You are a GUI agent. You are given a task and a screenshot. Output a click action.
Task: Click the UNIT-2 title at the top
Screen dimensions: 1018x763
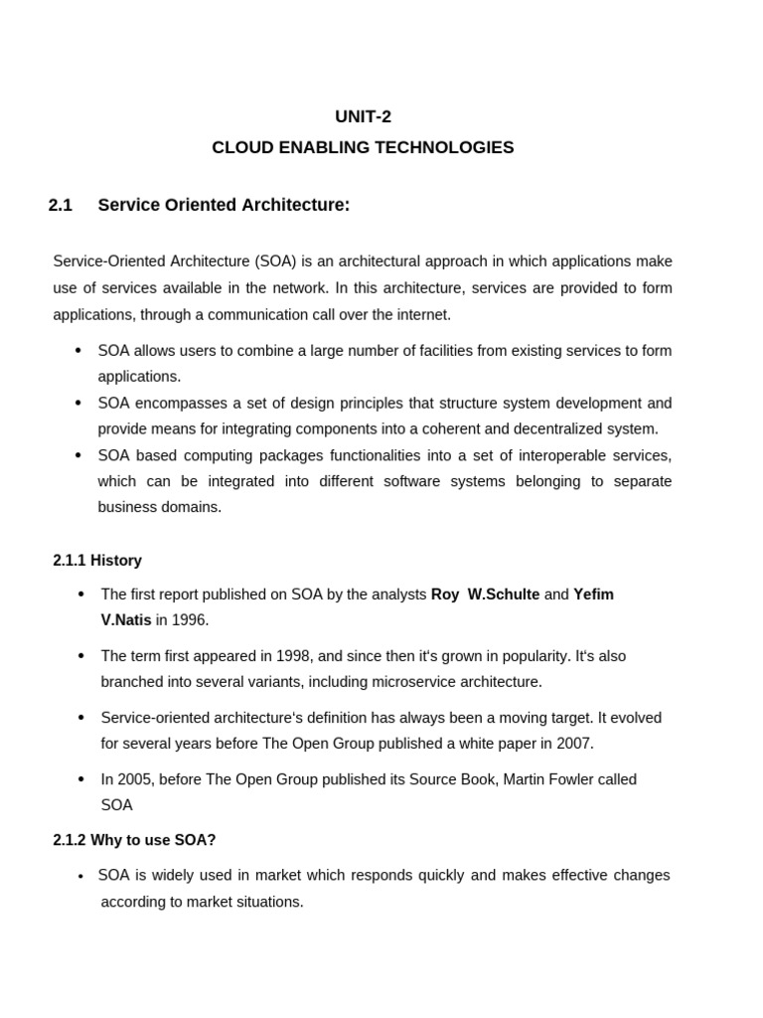coord(363,116)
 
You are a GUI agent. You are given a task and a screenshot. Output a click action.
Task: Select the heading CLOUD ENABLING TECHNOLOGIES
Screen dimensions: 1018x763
coord(363,148)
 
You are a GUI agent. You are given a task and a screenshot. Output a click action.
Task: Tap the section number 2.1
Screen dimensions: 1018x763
coord(61,206)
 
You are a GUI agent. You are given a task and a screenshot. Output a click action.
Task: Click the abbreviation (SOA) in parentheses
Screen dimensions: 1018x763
coord(274,261)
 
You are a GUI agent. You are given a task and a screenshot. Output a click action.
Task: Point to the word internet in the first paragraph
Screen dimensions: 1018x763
coord(424,314)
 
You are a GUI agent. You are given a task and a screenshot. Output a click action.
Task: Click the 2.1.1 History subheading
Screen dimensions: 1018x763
coord(97,561)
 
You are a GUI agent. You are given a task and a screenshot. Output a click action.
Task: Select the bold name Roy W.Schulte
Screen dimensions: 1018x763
coord(485,594)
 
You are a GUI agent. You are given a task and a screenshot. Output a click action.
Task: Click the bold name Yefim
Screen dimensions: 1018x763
coord(593,594)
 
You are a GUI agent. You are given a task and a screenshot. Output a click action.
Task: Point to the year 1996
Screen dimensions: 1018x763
coord(189,620)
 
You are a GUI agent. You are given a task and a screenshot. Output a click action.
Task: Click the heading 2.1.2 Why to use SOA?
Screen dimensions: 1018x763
coord(134,840)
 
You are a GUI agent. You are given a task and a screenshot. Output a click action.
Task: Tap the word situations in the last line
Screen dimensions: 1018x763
coord(269,902)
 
